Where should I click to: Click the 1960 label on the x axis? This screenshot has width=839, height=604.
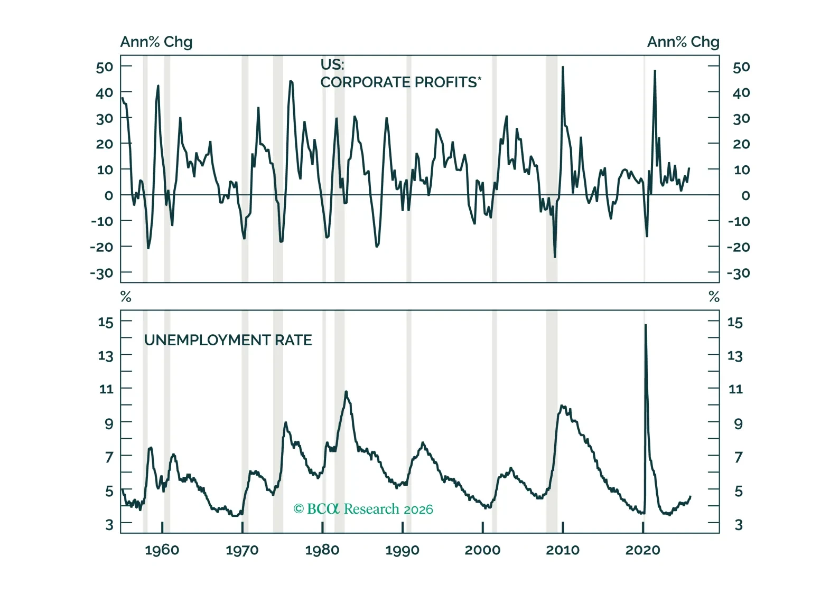[162, 550]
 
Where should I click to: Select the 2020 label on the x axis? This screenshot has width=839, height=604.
[642, 550]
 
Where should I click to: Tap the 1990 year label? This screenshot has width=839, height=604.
[402, 550]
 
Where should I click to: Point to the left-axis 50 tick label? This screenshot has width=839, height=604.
[105, 67]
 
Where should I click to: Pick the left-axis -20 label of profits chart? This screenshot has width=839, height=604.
[101, 247]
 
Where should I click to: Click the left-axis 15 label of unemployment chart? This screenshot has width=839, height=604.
[106, 322]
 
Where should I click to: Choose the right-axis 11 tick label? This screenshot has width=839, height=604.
[735, 389]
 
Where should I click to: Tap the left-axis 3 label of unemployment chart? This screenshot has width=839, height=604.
[109, 524]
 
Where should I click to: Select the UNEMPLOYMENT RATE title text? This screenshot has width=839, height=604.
[228, 340]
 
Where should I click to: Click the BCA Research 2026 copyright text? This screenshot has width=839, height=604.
[363, 509]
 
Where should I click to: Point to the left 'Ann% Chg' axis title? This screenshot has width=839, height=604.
[156, 42]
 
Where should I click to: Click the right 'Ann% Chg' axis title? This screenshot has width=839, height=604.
[683, 42]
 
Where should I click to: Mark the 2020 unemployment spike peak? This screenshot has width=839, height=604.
[646, 325]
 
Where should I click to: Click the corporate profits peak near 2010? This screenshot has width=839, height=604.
[563, 67]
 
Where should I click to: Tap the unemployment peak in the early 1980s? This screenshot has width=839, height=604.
[346, 391]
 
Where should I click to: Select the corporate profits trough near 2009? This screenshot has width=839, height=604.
[555, 257]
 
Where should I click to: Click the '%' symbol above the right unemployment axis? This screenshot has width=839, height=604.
[714, 297]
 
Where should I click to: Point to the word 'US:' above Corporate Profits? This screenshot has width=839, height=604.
[332, 64]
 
